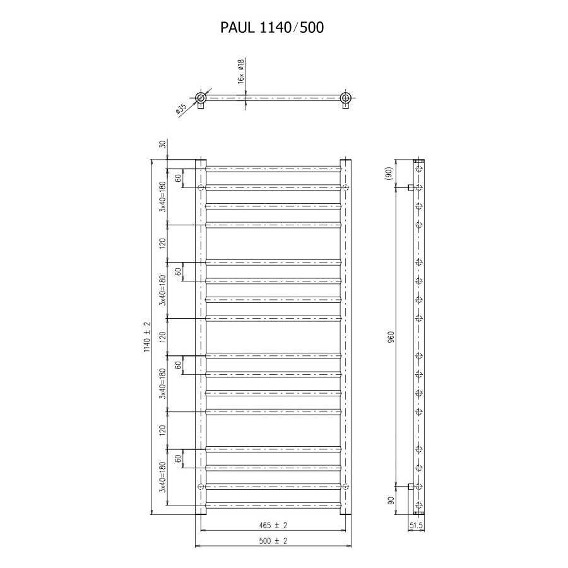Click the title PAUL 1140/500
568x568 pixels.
273,28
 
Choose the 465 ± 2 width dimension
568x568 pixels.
273,524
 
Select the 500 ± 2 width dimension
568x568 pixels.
273,541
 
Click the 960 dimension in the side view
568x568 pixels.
391,336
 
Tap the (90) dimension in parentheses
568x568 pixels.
389,173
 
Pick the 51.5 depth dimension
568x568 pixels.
417,524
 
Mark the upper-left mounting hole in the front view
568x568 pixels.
201,187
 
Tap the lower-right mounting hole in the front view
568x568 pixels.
345,486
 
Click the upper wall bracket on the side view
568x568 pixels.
411,187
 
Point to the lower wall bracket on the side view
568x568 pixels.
411,486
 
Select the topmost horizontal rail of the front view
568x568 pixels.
273,169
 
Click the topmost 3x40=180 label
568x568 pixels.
162,196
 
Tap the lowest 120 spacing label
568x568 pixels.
162,430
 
